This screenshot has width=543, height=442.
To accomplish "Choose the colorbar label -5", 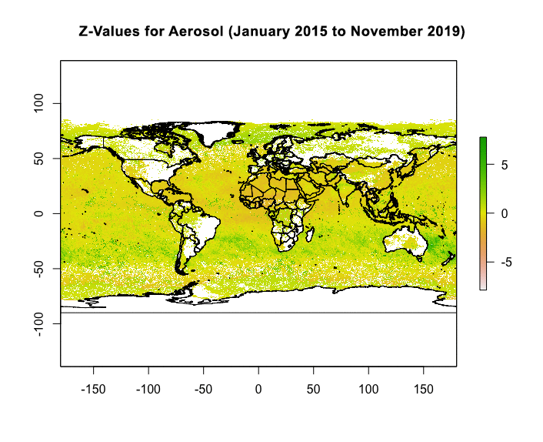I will tap(501, 262).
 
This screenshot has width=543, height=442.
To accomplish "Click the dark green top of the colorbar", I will tap(482, 140).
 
